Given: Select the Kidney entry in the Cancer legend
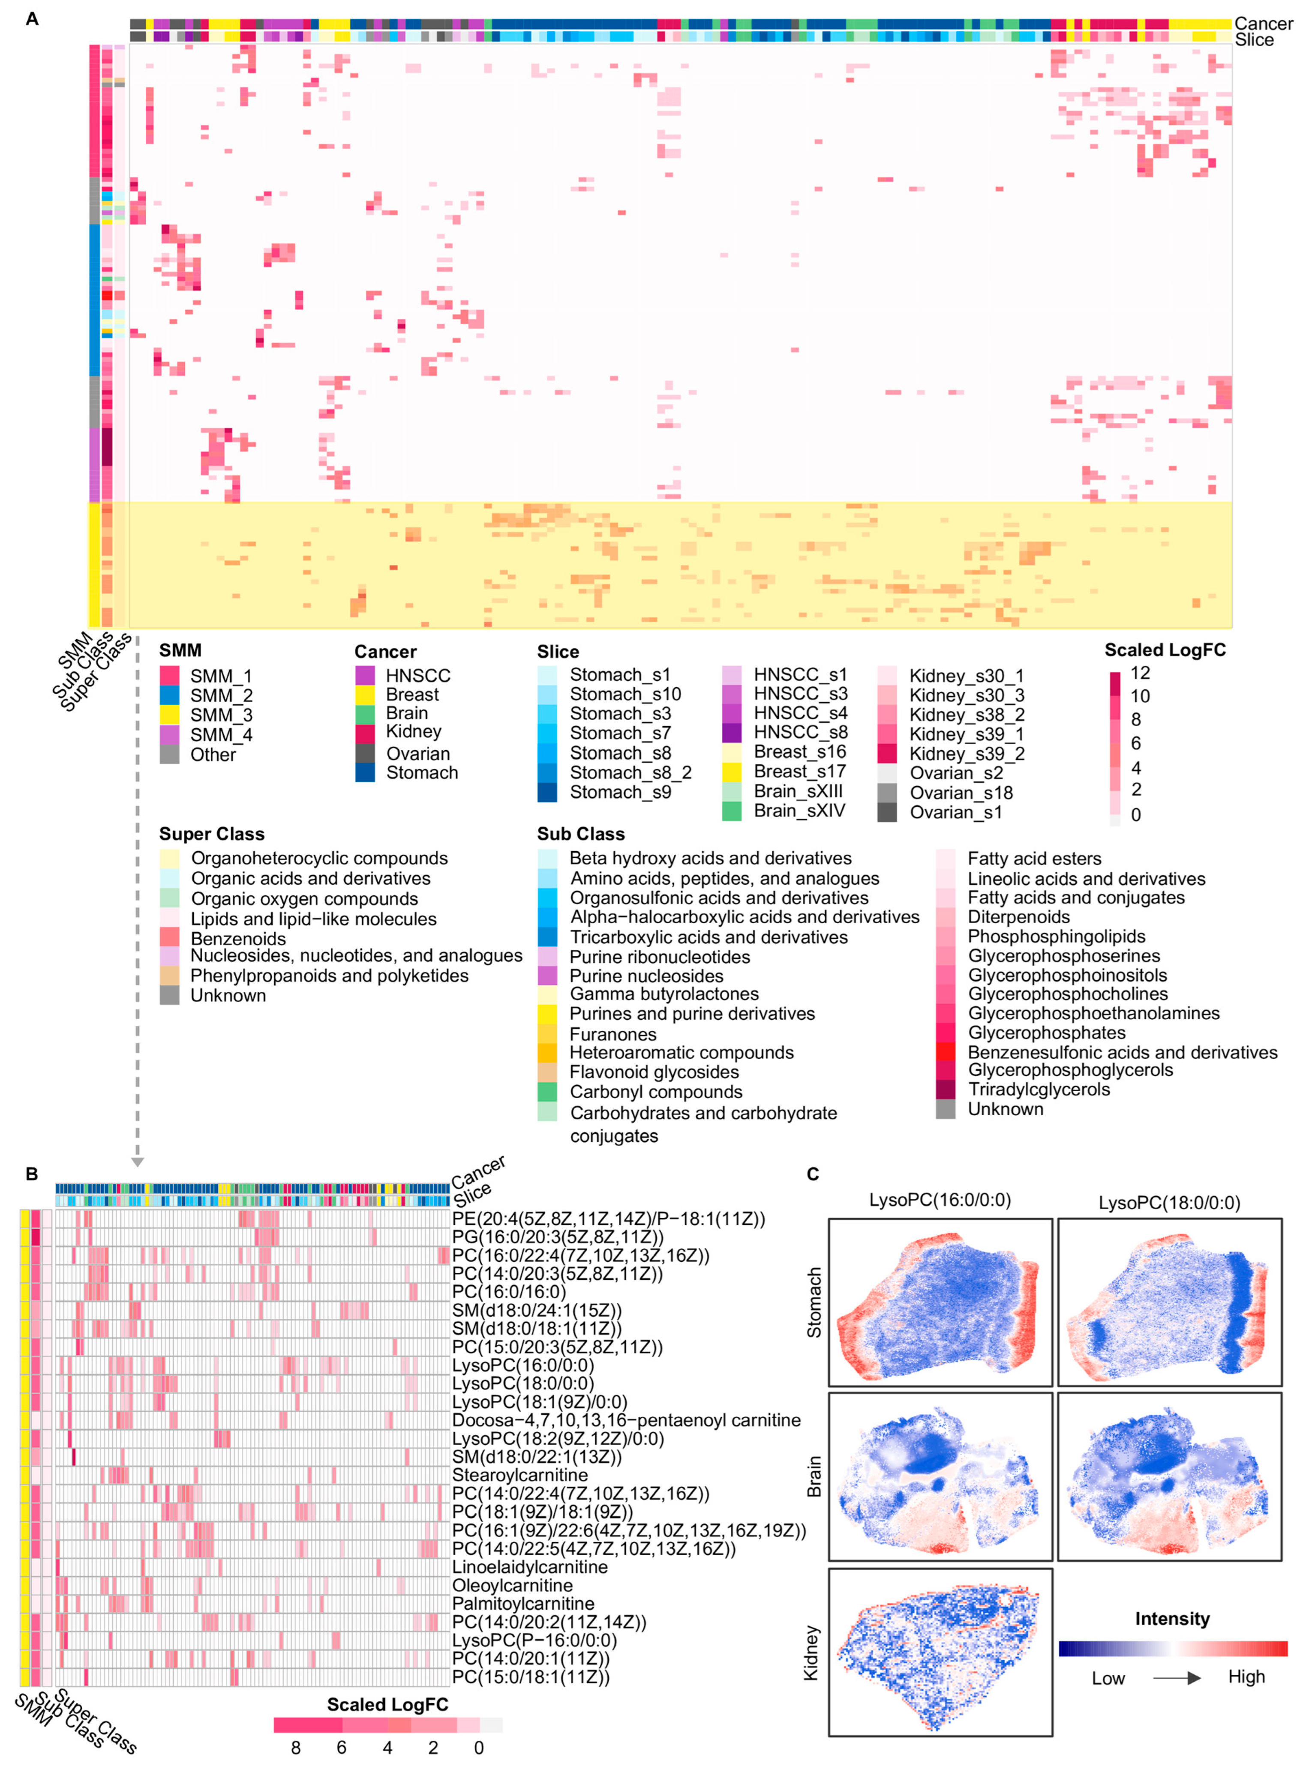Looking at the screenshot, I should [x=413, y=732].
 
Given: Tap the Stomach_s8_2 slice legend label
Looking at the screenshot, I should [x=630, y=772].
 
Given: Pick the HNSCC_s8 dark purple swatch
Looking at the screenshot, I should [x=732, y=732].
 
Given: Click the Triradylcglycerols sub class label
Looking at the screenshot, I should [x=1038, y=1090].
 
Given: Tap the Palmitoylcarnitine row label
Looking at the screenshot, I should [x=522, y=1603].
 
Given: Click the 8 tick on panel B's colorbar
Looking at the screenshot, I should [x=296, y=1747].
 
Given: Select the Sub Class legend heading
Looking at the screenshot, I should [x=580, y=834].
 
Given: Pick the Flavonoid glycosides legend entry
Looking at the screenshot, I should [x=654, y=1072].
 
